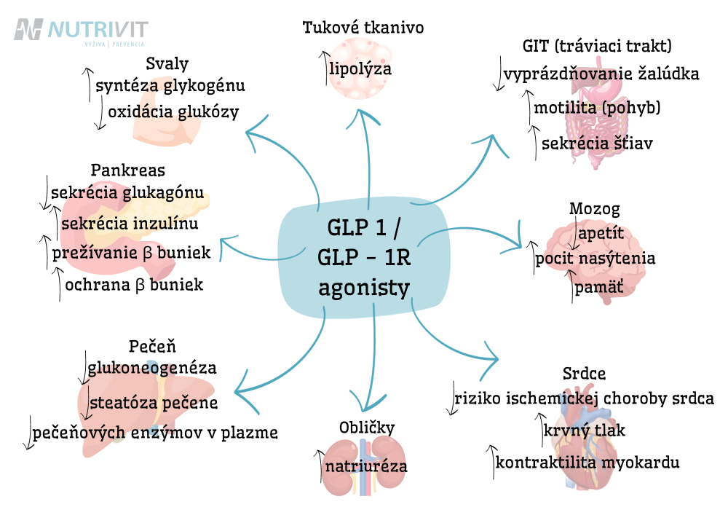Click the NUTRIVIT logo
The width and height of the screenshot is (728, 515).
81,31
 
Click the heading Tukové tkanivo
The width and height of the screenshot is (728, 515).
363,28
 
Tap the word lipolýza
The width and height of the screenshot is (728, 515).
360,70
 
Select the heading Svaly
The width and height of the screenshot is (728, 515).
167,63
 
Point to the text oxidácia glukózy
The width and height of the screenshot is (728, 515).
174,112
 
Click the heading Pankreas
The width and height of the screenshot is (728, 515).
127,170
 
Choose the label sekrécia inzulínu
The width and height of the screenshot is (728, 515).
130,224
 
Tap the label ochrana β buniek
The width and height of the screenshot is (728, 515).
134,285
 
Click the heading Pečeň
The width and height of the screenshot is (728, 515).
152,346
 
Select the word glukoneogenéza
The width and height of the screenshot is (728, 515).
152,369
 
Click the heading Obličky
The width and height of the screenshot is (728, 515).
367,428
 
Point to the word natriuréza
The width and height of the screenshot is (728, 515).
366,465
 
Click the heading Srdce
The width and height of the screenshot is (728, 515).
584,374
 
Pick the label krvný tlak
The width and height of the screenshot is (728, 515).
584,431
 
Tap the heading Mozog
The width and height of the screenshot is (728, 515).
594,209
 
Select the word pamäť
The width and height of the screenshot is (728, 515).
599,288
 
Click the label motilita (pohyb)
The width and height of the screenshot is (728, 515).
597,108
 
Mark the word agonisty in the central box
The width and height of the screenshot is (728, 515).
364,288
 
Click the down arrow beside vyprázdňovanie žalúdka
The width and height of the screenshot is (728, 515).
499,74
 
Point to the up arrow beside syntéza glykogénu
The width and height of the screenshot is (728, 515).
88,84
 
